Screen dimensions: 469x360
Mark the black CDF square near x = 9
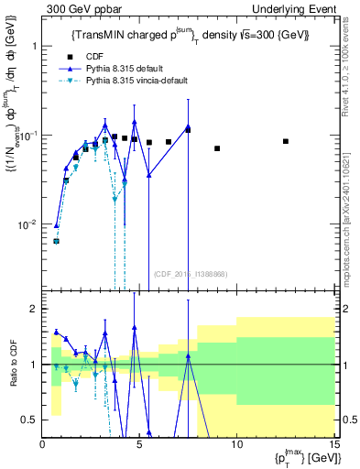[217, 148]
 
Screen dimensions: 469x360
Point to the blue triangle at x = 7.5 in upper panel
[188, 127]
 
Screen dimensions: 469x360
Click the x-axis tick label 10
[236, 445]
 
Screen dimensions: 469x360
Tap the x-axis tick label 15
[333, 445]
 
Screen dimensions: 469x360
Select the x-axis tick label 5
[139, 445]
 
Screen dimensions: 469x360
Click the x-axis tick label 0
[43, 445]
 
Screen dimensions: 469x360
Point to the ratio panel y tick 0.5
[32, 420]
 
